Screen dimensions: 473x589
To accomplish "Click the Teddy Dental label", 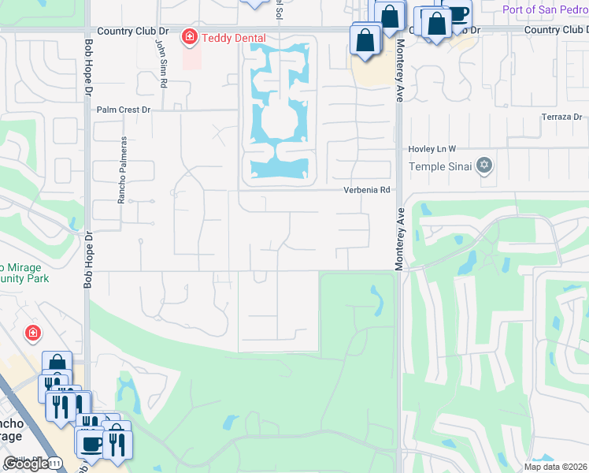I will [234, 38].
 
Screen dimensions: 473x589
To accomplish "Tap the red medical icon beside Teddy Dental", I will [189, 37].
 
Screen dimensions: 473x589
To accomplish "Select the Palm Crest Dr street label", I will [123, 110].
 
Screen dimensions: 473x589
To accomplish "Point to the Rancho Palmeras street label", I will [122, 170].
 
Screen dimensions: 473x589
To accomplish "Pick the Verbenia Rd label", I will [367, 190].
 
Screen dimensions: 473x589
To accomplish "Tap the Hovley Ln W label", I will [432, 149].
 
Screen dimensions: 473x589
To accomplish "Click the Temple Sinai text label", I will [440, 166].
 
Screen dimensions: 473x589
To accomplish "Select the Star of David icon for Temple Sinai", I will [485, 166].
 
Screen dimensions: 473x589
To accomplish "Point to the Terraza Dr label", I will [561, 117].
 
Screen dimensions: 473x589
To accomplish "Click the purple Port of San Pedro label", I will [544, 9].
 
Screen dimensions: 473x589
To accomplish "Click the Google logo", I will [25, 464].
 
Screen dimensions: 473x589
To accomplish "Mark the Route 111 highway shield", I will [55, 463].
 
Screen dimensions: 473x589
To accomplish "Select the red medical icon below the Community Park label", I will [33, 333].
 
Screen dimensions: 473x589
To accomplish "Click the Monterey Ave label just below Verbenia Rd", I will [399, 240].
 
